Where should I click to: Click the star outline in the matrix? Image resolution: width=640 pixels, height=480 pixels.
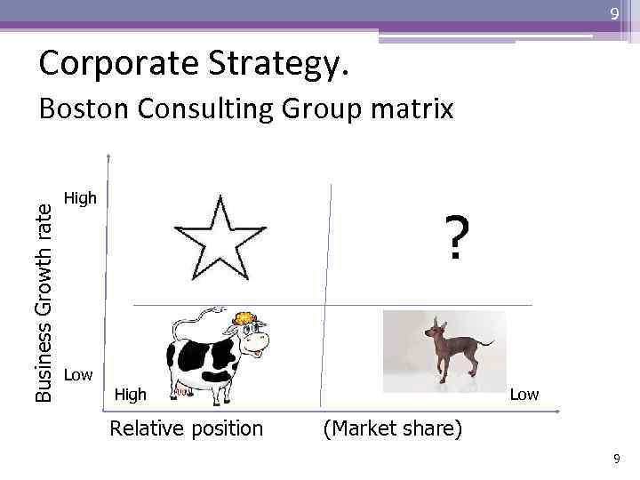[220, 238]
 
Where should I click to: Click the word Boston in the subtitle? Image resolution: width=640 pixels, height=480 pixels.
[85, 109]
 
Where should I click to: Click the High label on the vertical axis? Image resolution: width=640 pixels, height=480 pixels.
[81, 198]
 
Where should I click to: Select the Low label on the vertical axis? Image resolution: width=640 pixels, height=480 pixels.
[78, 374]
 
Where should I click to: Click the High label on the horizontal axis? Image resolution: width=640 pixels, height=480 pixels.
[131, 394]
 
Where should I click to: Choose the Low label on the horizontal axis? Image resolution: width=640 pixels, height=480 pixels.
[524, 394]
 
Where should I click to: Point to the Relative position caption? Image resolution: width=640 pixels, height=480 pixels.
[186, 428]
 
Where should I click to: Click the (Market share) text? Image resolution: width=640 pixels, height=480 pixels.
[392, 428]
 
